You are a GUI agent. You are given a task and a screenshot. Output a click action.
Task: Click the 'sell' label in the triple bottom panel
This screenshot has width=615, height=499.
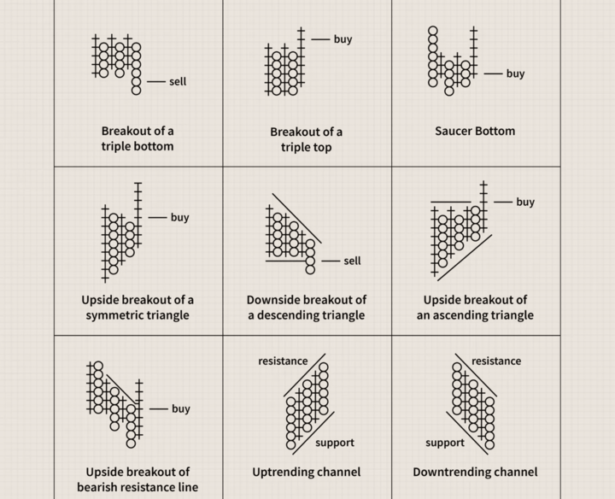tap(178, 81)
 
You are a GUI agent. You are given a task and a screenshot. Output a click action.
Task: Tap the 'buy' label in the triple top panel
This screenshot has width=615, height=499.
tap(343, 39)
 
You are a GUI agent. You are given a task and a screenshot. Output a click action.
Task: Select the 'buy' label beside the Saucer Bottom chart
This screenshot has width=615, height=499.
tap(515, 73)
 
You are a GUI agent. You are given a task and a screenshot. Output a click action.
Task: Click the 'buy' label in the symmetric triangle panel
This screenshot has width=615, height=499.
tap(180, 217)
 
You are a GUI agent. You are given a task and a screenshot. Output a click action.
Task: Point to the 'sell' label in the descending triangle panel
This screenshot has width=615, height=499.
tap(352, 261)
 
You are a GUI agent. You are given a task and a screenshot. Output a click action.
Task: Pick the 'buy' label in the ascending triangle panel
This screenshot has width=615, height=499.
tap(525, 202)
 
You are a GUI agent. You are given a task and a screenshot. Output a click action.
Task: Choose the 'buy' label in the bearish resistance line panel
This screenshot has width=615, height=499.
tap(181, 408)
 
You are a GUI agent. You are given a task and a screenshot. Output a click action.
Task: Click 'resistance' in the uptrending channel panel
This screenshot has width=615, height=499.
tap(283, 361)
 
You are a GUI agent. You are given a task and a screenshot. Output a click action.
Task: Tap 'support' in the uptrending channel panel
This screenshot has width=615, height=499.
tap(335, 443)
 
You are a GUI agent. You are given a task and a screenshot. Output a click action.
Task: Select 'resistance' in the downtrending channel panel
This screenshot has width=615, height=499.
tap(496, 361)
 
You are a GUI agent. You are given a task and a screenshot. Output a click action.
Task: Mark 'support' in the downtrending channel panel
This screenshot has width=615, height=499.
tap(445, 443)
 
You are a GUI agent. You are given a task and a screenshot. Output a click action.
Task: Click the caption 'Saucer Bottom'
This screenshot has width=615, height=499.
tap(475, 131)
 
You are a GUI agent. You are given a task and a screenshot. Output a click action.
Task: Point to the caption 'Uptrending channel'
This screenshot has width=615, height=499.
tap(307, 472)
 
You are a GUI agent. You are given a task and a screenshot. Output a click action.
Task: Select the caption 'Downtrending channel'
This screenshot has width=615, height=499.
tap(475, 472)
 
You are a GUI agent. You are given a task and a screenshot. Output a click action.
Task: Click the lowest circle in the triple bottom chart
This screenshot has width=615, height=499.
tap(136, 91)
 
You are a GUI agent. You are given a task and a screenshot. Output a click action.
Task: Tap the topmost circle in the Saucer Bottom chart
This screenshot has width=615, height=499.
tap(432, 31)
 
